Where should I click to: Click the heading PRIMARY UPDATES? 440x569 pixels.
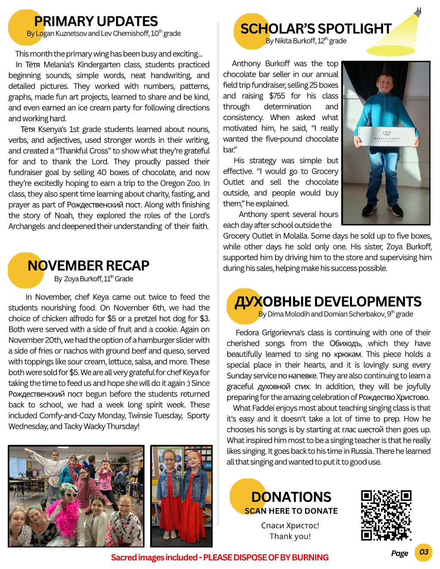pos(96,21)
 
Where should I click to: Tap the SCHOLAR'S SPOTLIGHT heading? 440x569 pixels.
pos(316,28)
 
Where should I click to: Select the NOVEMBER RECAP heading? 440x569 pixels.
pos(88,266)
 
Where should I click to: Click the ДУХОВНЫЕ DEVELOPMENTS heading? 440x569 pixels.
pos(328,301)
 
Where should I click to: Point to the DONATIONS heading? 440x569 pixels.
pos(291,497)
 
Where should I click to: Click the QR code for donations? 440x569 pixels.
pos(386,515)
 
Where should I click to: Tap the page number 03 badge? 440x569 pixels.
pos(424,552)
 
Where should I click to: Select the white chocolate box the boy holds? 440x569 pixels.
pos(387,137)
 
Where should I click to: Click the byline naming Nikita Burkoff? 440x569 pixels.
pos(306,41)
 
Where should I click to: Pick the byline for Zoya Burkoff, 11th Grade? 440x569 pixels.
pos(94,279)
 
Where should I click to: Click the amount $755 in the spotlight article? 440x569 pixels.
pos(277,96)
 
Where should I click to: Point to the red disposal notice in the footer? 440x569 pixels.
pos(220,557)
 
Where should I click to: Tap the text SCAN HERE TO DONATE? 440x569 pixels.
pos(291,511)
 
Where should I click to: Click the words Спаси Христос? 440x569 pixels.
pos(290,525)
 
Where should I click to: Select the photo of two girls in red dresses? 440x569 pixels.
pos(181,496)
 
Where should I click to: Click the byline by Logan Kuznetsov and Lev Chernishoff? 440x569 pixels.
pos(104,34)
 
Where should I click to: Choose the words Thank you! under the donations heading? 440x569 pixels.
pos(290,536)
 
